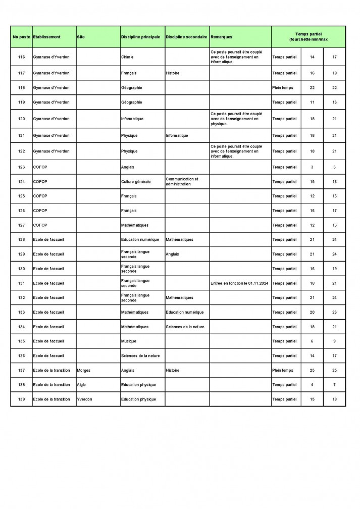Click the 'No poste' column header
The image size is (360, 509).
coord(21,37)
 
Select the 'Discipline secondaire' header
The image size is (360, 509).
coord(186,37)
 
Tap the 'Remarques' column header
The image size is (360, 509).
coord(222,37)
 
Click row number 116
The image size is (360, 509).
coord(21,57)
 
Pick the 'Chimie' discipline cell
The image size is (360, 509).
coord(128,57)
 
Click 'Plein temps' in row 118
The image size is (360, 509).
coord(282,88)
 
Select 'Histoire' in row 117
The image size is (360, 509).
coord(172,73)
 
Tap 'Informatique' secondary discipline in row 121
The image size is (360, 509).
coord(177,135)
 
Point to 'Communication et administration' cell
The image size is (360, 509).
coord(182,181)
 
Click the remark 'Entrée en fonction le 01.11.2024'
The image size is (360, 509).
coord(239,283)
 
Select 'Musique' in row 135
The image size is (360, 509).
coord(129,341)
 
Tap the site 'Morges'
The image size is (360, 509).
coord(84,370)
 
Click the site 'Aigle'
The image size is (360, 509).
coord(81,385)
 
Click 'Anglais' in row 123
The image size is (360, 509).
coord(128,167)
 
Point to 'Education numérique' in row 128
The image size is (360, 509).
coord(140,239)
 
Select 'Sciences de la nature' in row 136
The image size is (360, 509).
coord(140,356)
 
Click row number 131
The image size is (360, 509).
coord(21,283)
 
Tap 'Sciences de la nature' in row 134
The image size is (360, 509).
coord(185,327)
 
